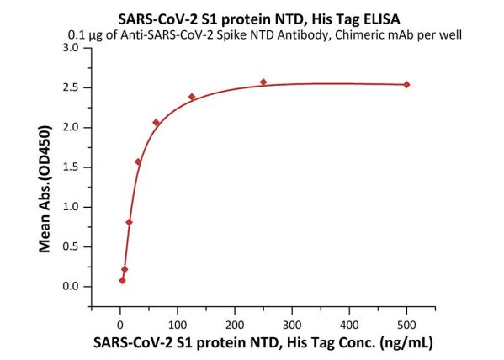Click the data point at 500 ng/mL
coord(406,85)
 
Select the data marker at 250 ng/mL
coord(263,82)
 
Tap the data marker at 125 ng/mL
coord(192,97)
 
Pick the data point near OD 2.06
coord(157,123)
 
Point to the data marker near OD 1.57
coord(138,161)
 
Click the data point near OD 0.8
coord(130,222)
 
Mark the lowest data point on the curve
coord(123,281)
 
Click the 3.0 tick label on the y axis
coord(71,48)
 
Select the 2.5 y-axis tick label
coord(71,87)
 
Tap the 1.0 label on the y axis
coord(71,207)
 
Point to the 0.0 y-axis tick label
coord(71,286)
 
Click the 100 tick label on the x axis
coord(178,326)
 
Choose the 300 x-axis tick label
coord(292,326)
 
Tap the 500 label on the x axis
coord(406,326)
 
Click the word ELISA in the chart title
coord(382,19)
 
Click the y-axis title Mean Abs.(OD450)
coord(45,189)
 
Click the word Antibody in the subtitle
coord(304,35)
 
